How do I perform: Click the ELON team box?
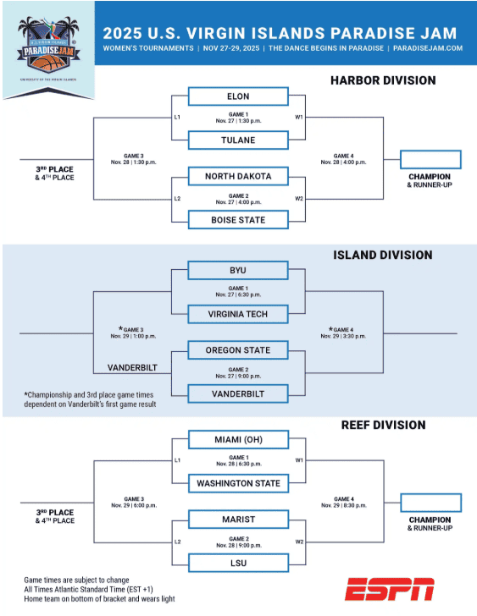pos(238,96)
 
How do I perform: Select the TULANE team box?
pos(238,140)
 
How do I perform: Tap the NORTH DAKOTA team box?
pos(238,176)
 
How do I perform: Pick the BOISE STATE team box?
pos(238,220)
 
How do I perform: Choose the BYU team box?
pos(238,271)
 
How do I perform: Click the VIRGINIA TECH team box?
pos(238,315)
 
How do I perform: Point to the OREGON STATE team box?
pos(238,350)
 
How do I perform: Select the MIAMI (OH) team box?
pos(238,440)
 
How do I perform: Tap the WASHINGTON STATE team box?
pos(238,484)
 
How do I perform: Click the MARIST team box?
pos(238,520)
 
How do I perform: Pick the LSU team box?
pos(238,563)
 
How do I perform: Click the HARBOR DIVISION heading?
pos(383,80)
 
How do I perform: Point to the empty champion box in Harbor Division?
pos(430,159)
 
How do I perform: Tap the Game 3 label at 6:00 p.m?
pos(134,502)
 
